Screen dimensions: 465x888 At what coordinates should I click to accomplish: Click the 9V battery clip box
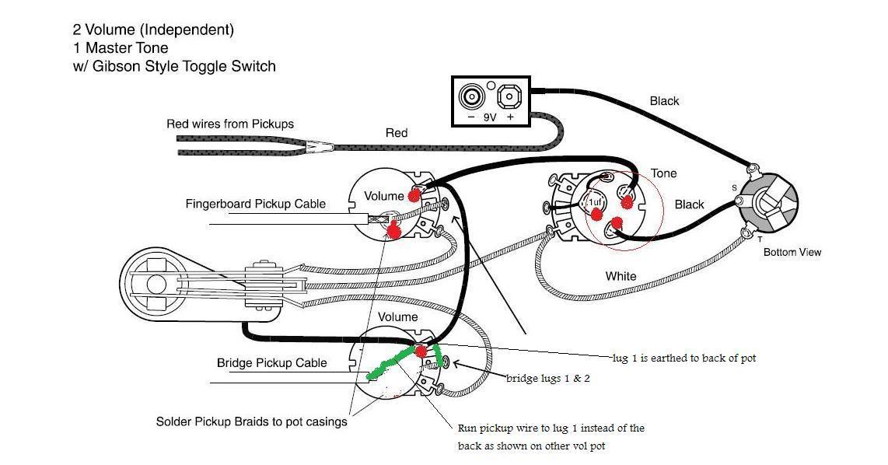point(491,100)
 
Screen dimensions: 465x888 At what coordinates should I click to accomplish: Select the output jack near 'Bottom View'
point(765,201)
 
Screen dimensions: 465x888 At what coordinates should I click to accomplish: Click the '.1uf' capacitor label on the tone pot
point(595,202)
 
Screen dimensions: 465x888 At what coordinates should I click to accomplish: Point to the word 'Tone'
point(663,173)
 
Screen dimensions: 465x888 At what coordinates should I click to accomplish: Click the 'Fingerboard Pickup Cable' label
point(255,205)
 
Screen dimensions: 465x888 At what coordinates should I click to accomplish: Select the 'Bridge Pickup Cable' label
point(271,363)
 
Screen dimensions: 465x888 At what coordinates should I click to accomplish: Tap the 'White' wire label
point(621,276)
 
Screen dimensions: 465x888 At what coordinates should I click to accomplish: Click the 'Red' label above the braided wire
point(397,133)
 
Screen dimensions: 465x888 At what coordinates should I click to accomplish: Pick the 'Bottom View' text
point(792,252)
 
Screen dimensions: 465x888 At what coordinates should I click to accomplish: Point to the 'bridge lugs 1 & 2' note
point(547,378)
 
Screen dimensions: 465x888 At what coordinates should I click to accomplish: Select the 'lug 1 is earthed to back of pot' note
point(683,358)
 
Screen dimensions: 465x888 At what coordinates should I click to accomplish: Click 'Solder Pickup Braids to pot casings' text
point(251,421)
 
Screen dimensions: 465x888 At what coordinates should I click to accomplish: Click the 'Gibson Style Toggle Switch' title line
point(174,66)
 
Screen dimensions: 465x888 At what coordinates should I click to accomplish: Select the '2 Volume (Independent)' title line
point(153,30)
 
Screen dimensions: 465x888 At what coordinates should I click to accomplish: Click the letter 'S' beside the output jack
point(733,188)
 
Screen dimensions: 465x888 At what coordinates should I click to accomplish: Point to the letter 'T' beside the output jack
point(760,240)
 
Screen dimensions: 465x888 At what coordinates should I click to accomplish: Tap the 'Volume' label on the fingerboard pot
point(384,196)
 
